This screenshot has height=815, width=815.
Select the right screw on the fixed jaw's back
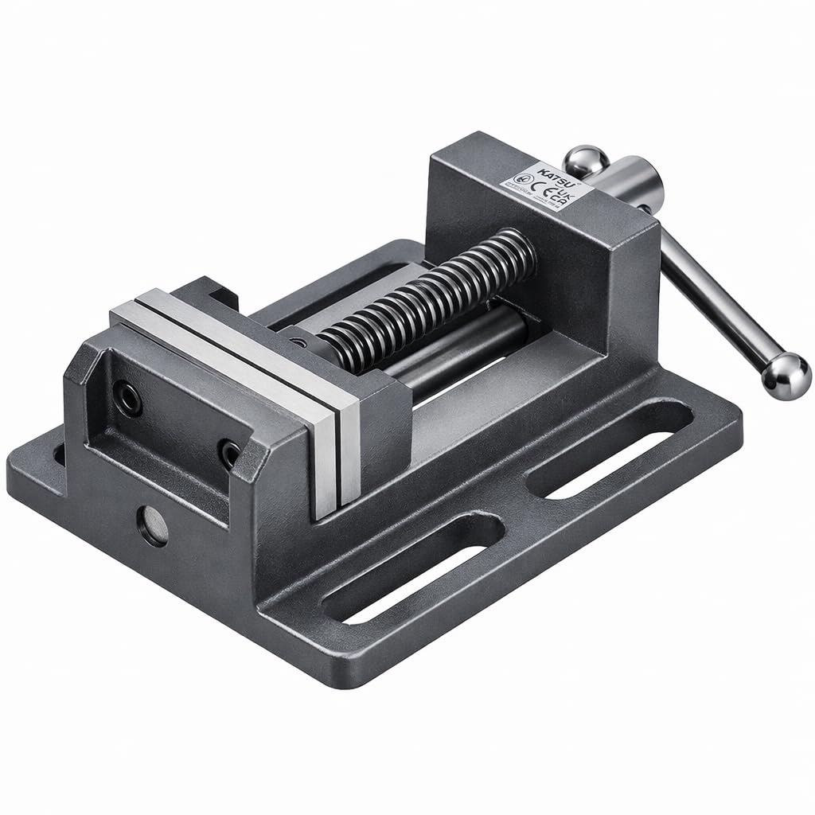[x=231, y=453]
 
